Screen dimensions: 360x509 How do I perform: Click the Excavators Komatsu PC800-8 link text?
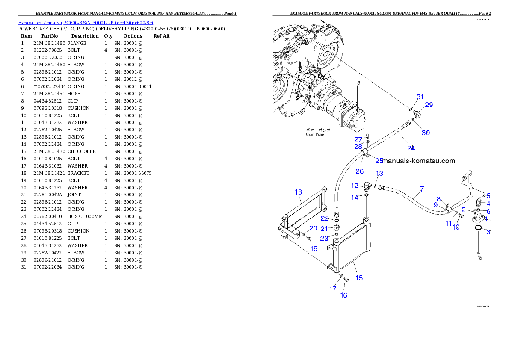tap(86, 23)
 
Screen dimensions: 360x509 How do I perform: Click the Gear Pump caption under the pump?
tap(315, 132)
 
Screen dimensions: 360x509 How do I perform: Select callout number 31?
tap(420, 97)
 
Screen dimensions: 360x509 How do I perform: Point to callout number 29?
tap(429, 105)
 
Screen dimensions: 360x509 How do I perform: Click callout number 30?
tap(426, 133)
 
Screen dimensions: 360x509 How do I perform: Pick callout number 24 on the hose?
tap(411, 148)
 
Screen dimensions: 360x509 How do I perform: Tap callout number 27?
tap(358, 139)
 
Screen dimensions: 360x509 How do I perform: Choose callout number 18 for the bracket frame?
tap(298, 192)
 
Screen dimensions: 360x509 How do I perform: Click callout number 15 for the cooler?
tap(359, 278)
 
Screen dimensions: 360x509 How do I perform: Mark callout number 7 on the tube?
tap(422, 189)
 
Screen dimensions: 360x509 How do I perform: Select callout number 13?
tap(379, 173)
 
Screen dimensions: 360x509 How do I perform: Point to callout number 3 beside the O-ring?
tap(488, 232)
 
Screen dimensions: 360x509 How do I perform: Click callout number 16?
tap(343, 295)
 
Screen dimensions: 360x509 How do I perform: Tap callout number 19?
tap(314, 248)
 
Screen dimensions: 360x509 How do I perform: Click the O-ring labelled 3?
tap(479, 232)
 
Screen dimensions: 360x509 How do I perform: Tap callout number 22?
tap(325, 219)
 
